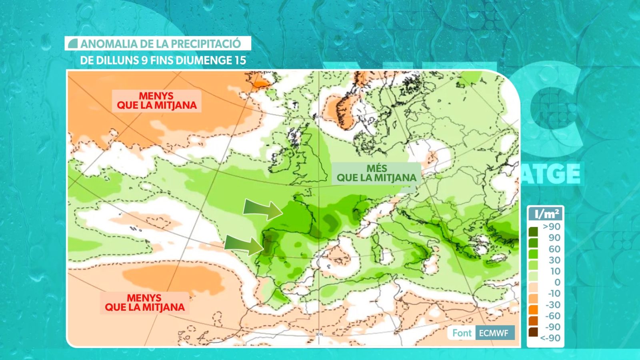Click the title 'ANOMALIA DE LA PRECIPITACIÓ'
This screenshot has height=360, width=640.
pyautogui.click(x=160, y=44)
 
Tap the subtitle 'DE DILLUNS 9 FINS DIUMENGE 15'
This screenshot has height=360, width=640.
pyautogui.click(x=163, y=61)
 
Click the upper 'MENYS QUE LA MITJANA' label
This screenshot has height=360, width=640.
pyautogui.click(x=156, y=101)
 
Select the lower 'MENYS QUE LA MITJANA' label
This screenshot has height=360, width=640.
pyautogui.click(x=144, y=303)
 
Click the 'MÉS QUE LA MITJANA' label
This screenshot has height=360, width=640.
pyautogui.click(x=376, y=173)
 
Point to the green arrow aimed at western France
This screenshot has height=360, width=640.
pyautogui.click(x=262, y=209)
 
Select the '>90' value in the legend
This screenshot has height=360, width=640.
pyautogui.click(x=551, y=227)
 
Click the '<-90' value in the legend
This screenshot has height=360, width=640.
pyautogui.click(x=550, y=338)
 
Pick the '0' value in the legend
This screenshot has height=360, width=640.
pyautogui.click(x=557, y=282)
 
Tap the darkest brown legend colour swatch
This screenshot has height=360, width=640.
pyautogui.click(x=533, y=332)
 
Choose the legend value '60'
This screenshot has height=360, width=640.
pyautogui.click(x=554, y=249)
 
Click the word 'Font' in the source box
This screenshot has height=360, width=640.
pyautogui.click(x=462, y=333)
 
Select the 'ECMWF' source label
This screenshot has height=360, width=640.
pyautogui.click(x=493, y=333)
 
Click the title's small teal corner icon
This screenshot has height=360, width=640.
pyautogui.click(x=73, y=44)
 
